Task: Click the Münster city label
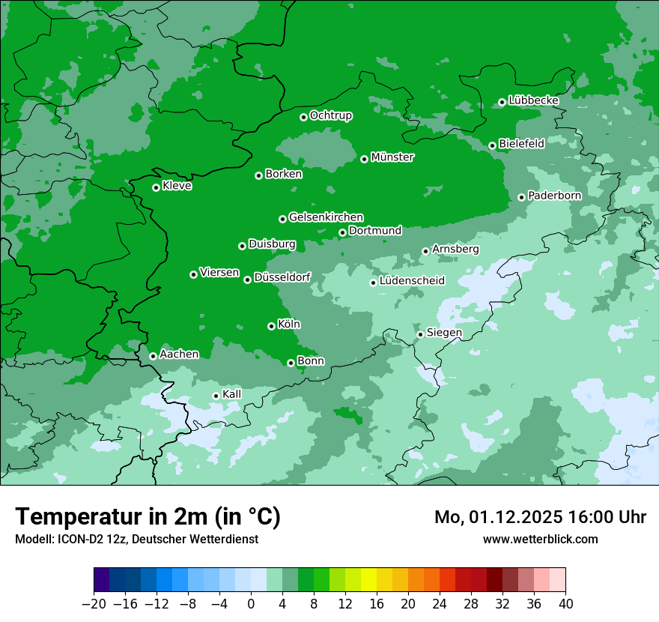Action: pos(392,157)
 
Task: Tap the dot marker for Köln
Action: pos(271,326)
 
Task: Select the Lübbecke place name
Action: pos(533,100)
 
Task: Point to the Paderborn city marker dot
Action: pos(521,197)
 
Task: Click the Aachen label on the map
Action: pos(179,354)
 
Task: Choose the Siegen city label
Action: pos(444,333)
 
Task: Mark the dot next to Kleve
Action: pos(156,187)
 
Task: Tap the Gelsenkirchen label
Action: pos(326,217)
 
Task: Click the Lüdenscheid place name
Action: pos(412,281)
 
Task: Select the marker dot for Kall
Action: pos(216,396)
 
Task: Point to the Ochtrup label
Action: pos(330,115)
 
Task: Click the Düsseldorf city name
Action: pos(282,277)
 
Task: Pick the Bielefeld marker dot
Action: pos(492,145)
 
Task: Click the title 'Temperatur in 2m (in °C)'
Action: pos(148,516)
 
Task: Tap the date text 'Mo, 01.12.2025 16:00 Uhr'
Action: pos(540,517)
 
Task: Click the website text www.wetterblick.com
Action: pos(540,539)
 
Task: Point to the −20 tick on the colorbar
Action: pos(94,604)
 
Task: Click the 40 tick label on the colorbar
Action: pos(565,604)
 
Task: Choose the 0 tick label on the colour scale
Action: pos(251,604)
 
